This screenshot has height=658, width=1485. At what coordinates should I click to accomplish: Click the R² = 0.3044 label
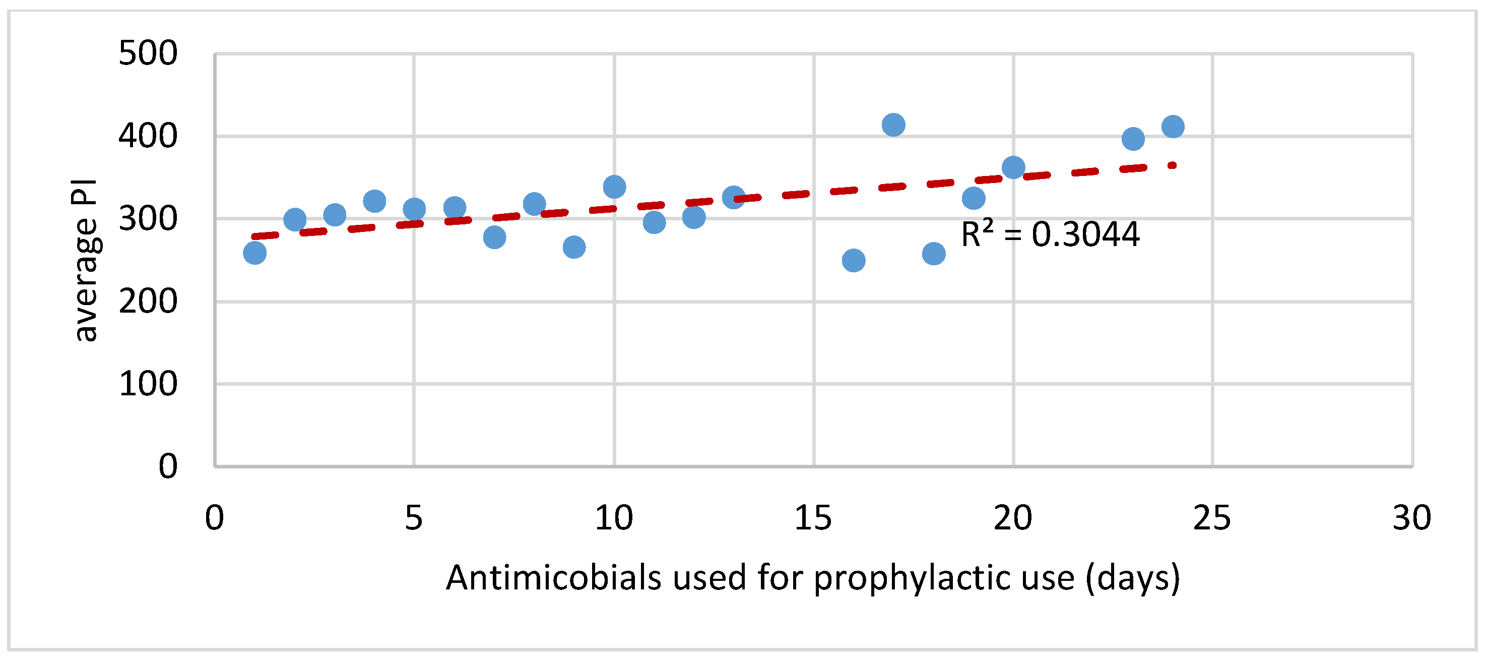(x=1050, y=234)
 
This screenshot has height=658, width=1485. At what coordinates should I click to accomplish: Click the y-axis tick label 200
(x=148, y=302)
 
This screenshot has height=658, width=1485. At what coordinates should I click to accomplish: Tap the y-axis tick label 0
(x=168, y=466)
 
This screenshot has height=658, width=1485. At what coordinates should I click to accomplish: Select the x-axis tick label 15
(x=813, y=518)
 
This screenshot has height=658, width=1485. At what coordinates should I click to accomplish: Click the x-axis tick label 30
(x=1412, y=518)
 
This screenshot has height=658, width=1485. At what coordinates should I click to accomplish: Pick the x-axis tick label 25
(x=1212, y=518)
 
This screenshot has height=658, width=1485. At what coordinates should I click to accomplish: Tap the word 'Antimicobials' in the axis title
(x=553, y=578)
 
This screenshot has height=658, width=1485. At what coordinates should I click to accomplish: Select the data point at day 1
(x=255, y=253)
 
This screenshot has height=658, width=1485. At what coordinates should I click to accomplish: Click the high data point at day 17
(x=893, y=125)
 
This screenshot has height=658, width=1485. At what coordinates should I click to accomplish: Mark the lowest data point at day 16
(x=854, y=261)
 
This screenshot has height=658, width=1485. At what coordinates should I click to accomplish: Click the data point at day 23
(x=1133, y=139)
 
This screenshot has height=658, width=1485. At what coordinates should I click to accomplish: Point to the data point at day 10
(x=615, y=187)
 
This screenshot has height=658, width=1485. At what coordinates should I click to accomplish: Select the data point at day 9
(x=574, y=248)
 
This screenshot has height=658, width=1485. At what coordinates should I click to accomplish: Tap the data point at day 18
(x=934, y=254)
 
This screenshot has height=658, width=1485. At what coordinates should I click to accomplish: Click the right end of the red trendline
(x=1173, y=165)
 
